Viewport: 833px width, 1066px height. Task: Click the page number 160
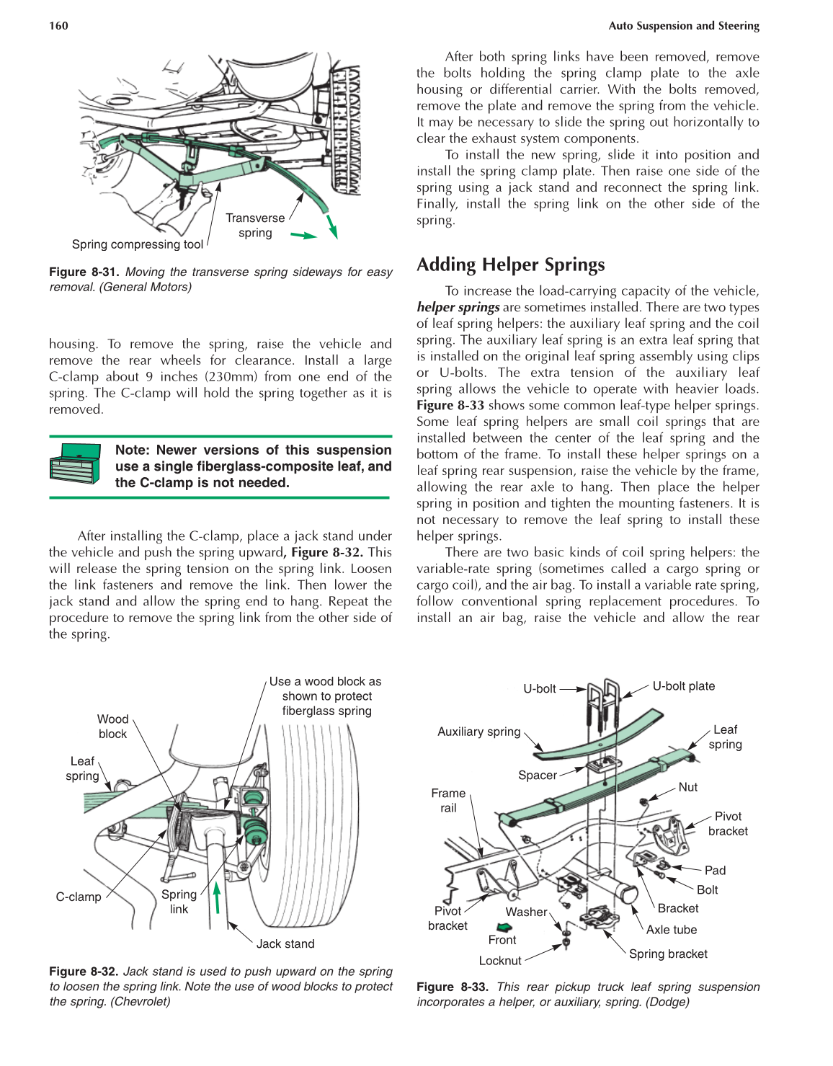58,26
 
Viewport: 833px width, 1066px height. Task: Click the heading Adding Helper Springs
510,265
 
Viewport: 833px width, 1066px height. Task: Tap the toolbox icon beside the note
75,463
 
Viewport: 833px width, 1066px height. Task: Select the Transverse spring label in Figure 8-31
255,225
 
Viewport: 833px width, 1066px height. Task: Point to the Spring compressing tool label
137,244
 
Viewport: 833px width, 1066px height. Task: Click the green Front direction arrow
504,928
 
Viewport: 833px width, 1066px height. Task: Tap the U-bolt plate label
683,686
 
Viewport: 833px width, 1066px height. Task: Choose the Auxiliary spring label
478,732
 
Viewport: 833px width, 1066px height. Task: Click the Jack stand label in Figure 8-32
285,943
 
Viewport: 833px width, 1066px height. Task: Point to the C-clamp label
79,897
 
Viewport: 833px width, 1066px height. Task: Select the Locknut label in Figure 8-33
499,961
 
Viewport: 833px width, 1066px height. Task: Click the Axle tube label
671,930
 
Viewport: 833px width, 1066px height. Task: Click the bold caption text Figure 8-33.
453,987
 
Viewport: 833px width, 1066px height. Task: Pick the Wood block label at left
112,727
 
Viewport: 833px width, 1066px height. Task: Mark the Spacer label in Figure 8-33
538,775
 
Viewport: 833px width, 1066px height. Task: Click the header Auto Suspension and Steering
683,26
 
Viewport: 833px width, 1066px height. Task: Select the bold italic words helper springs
458,307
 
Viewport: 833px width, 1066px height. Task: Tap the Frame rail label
448,800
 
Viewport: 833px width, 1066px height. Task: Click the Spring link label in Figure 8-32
179,902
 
